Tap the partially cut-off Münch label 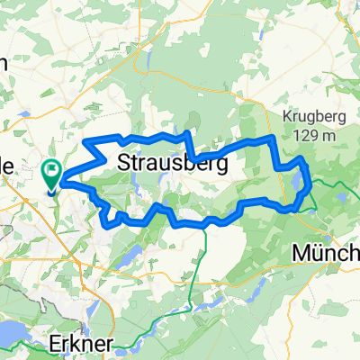326,255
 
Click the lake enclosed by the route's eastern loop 297,184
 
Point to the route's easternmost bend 310,184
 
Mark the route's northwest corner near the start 85,141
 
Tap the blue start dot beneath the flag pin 50,189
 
